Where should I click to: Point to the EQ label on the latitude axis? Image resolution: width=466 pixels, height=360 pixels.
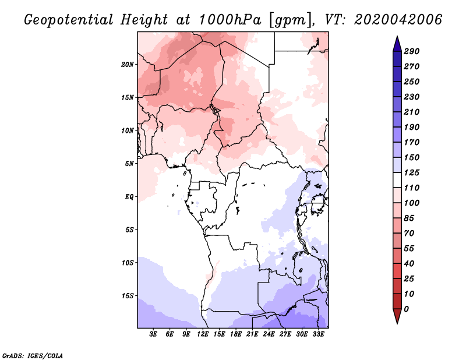130,196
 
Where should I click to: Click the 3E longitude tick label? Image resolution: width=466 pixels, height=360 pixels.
154,335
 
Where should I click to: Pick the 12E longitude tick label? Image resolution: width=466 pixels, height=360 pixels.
203,335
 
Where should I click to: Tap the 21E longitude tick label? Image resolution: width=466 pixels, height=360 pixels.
252,335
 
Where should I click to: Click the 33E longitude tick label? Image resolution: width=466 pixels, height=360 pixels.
318,335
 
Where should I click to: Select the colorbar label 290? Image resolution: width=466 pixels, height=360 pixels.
412,51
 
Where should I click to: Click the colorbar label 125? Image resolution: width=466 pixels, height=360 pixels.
412,172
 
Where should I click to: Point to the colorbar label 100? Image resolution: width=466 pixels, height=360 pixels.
412,203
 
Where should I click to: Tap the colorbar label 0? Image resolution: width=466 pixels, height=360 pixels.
406,309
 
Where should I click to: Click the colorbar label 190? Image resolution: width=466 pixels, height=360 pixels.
412,127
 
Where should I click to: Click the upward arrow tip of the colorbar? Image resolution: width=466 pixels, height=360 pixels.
396,37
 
